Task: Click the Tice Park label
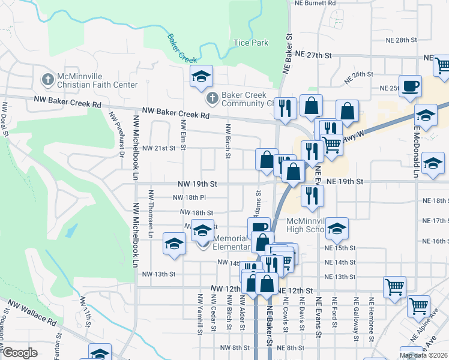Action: (251, 43)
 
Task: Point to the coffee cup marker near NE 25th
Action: (410, 86)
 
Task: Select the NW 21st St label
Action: (158, 148)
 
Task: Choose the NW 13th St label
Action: (158, 274)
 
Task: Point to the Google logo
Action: (20, 353)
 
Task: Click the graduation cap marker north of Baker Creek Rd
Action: (202, 76)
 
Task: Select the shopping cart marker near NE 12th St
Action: (394, 287)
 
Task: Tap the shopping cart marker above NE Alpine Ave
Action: (418, 306)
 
